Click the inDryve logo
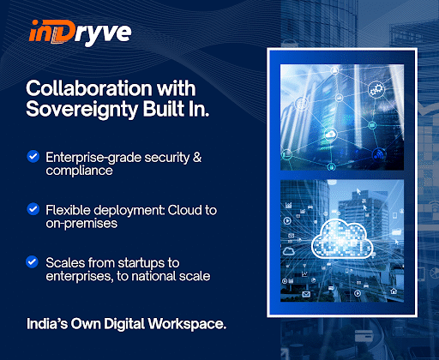80,33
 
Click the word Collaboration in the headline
89,88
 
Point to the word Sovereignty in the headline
82,110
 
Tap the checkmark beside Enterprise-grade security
33,157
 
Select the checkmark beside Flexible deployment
33,209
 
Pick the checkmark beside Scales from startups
32,262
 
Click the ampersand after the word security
197,157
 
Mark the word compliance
79,171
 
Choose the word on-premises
81,224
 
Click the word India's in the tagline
47,324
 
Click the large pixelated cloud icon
342,239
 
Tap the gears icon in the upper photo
376,89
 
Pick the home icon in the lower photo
394,291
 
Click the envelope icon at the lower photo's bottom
306,294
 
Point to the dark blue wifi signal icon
379,155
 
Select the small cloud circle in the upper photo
330,134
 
